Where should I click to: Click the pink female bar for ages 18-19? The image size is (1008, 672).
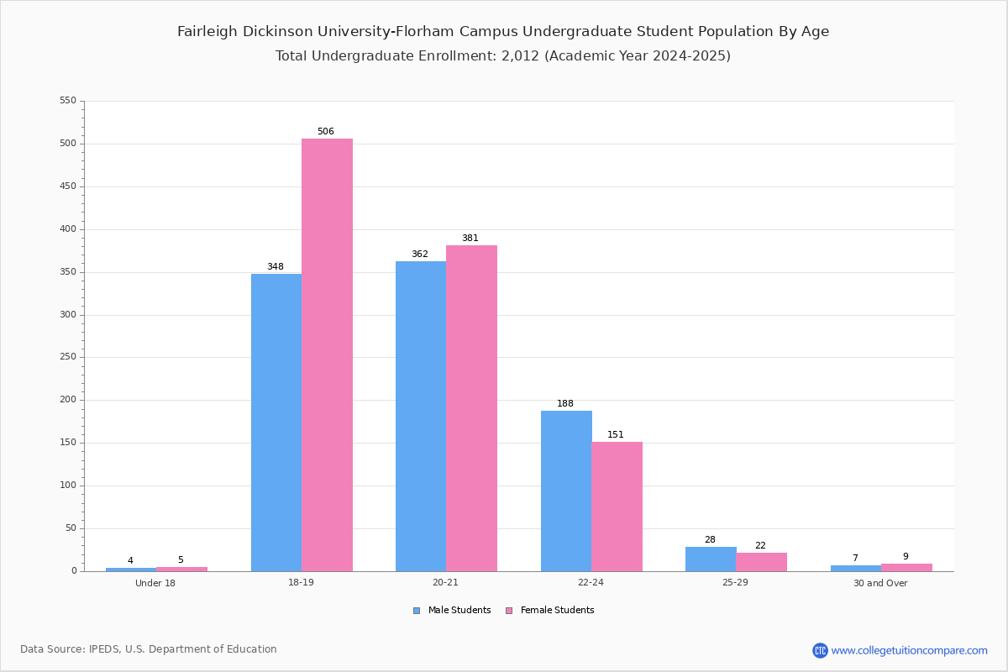coord(327,354)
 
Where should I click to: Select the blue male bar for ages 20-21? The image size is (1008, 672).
coord(421,417)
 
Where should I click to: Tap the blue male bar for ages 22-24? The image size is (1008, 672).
coord(566,491)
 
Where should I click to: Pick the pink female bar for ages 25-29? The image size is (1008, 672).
coord(761,562)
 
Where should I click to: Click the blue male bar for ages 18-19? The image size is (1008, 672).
coord(276,423)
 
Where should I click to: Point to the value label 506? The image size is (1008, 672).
coord(326,131)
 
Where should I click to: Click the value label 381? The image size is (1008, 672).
coord(470,238)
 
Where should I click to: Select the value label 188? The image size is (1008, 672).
coord(565,403)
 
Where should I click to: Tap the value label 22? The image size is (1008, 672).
coord(760,545)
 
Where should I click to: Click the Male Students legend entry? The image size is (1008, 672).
coord(452,611)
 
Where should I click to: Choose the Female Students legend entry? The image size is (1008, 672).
coord(550,611)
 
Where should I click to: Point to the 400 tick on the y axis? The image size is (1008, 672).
coord(68,229)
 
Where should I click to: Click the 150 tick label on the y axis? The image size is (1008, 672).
coord(68,443)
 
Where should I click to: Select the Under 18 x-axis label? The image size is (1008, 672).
coord(155,583)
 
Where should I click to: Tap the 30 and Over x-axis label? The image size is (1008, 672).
coord(880,583)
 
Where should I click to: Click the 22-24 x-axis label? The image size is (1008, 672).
coord(591,582)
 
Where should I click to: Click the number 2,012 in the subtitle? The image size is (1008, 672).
coord(520,55)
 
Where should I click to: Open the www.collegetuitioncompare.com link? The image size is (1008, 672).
coord(909,650)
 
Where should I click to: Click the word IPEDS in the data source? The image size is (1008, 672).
coord(104,649)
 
